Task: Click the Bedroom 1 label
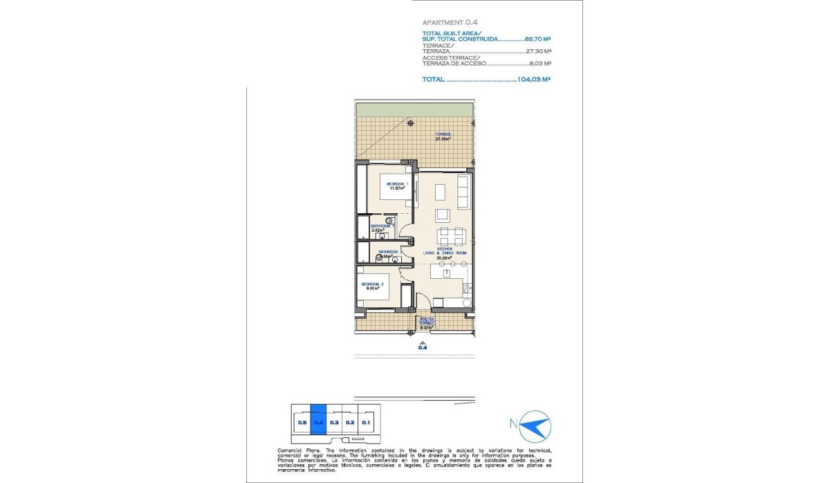[397, 185]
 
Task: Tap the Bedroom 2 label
[372, 286]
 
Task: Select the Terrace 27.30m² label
[443, 136]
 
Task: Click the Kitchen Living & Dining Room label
[445, 252]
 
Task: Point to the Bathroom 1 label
[381, 228]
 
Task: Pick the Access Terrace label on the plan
[427, 322]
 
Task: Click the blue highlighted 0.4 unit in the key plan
[318, 419]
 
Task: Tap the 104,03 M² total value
[533, 80]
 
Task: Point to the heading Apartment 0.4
[446, 22]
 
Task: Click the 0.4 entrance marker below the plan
[423, 347]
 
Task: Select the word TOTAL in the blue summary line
[433, 80]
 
